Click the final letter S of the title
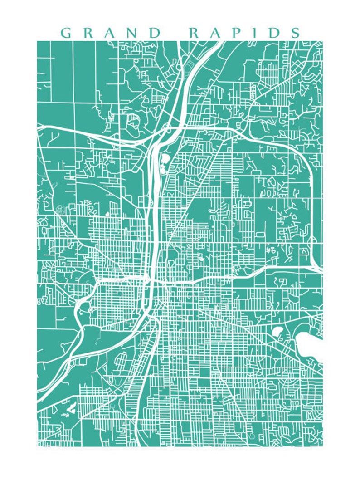pos(295,33)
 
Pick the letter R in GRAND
pos(88,33)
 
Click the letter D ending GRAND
pos(154,33)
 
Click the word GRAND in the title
pos(110,33)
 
